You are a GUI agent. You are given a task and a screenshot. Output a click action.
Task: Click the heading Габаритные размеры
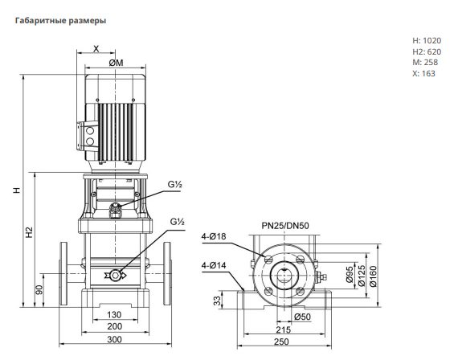click(x=60, y=21)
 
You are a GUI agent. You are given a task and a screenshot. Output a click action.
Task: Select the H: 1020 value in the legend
click(x=427, y=40)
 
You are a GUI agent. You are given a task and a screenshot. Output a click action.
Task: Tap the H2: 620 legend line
click(x=427, y=52)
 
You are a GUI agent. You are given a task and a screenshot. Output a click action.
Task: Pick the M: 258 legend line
click(x=425, y=62)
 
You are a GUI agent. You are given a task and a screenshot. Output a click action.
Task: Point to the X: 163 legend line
click(x=423, y=74)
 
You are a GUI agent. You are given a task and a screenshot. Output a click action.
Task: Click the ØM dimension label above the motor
click(x=116, y=63)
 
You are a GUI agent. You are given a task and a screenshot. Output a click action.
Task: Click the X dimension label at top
click(x=96, y=49)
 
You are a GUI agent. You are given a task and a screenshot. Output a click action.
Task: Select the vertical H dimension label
click(x=18, y=190)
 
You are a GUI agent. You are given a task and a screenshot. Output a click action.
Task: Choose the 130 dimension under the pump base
click(x=114, y=315)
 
